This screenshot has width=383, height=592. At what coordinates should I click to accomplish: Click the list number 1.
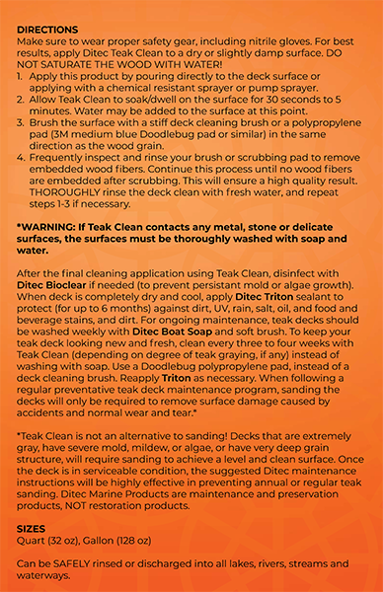pos(21,74)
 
